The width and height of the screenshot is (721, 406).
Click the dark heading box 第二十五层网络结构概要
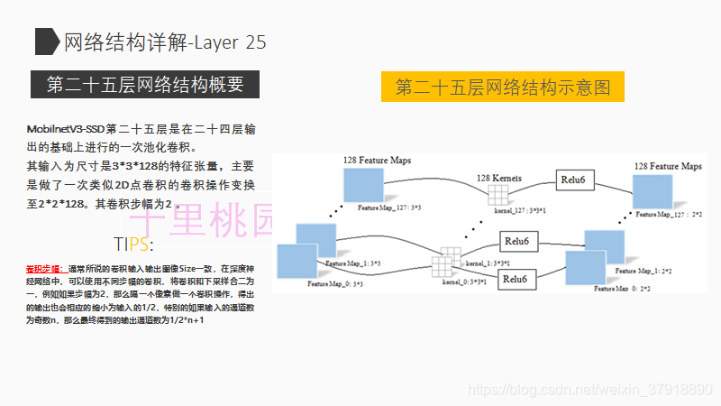pyautogui.click(x=145, y=85)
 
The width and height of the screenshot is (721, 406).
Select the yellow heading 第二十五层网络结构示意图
pyautogui.click(x=503, y=88)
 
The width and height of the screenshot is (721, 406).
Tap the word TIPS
pyautogui.click(x=133, y=245)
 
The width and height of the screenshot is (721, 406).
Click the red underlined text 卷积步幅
pyautogui.click(x=44, y=269)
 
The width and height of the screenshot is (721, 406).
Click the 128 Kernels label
pyautogui.click(x=499, y=178)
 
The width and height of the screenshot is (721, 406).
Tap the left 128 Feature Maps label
pyautogui.click(x=377, y=159)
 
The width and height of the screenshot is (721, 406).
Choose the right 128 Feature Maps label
pyautogui.click(x=668, y=166)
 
